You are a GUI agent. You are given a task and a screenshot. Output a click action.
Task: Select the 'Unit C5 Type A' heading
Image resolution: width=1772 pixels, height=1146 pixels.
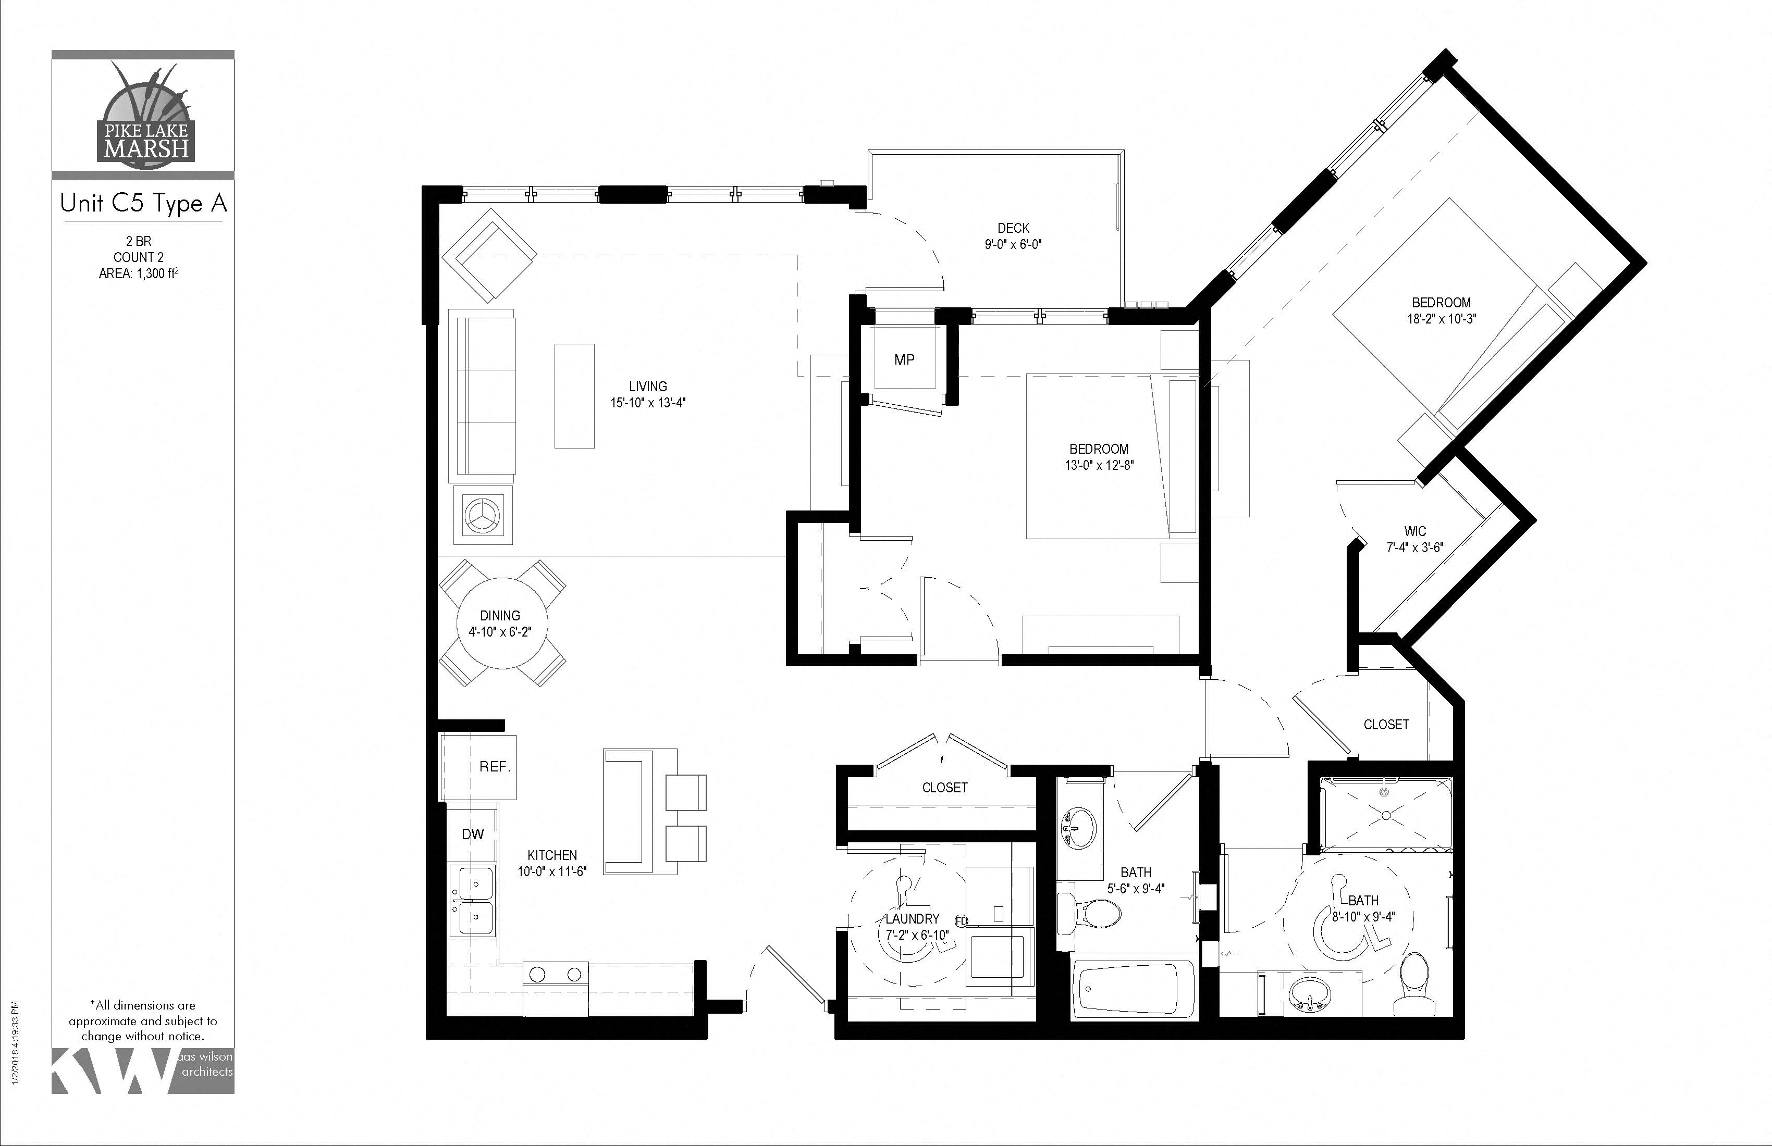[x=143, y=204]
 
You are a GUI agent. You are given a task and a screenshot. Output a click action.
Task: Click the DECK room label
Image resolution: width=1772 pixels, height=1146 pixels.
[x=1013, y=229]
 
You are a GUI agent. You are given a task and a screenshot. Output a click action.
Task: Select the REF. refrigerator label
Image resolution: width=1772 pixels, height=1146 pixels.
[x=495, y=766]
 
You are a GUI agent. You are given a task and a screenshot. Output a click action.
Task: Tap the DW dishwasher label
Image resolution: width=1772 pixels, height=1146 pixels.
[x=473, y=834]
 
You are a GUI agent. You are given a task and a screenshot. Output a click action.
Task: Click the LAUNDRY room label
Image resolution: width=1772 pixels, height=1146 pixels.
[x=913, y=919]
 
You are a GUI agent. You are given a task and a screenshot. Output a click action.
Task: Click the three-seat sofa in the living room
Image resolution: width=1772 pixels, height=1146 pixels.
[x=483, y=396]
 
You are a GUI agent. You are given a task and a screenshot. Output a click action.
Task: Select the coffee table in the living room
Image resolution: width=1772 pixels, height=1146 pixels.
[x=574, y=396]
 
